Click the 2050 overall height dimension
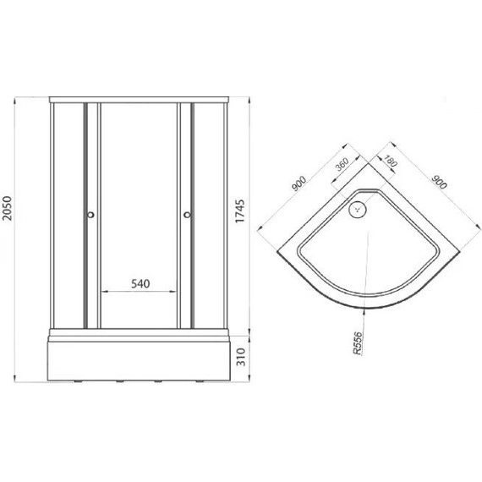pyautogui.click(x=7, y=208)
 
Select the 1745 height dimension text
pyautogui.click(x=240, y=211)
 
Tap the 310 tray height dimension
pyautogui.click(x=242, y=357)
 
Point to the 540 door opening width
pyautogui.click(x=140, y=284)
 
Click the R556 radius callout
pyautogui.click(x=358, y=343)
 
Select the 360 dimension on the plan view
pyautogui.click(x=342, y=164)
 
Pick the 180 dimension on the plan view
pyautogui.click(x=391, y=161)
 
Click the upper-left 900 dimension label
pyautogui.click(x=299, y=183)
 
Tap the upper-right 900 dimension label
pyautogui.click(x=439, y=182)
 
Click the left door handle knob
pyautogui.click(x=90, y=215)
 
